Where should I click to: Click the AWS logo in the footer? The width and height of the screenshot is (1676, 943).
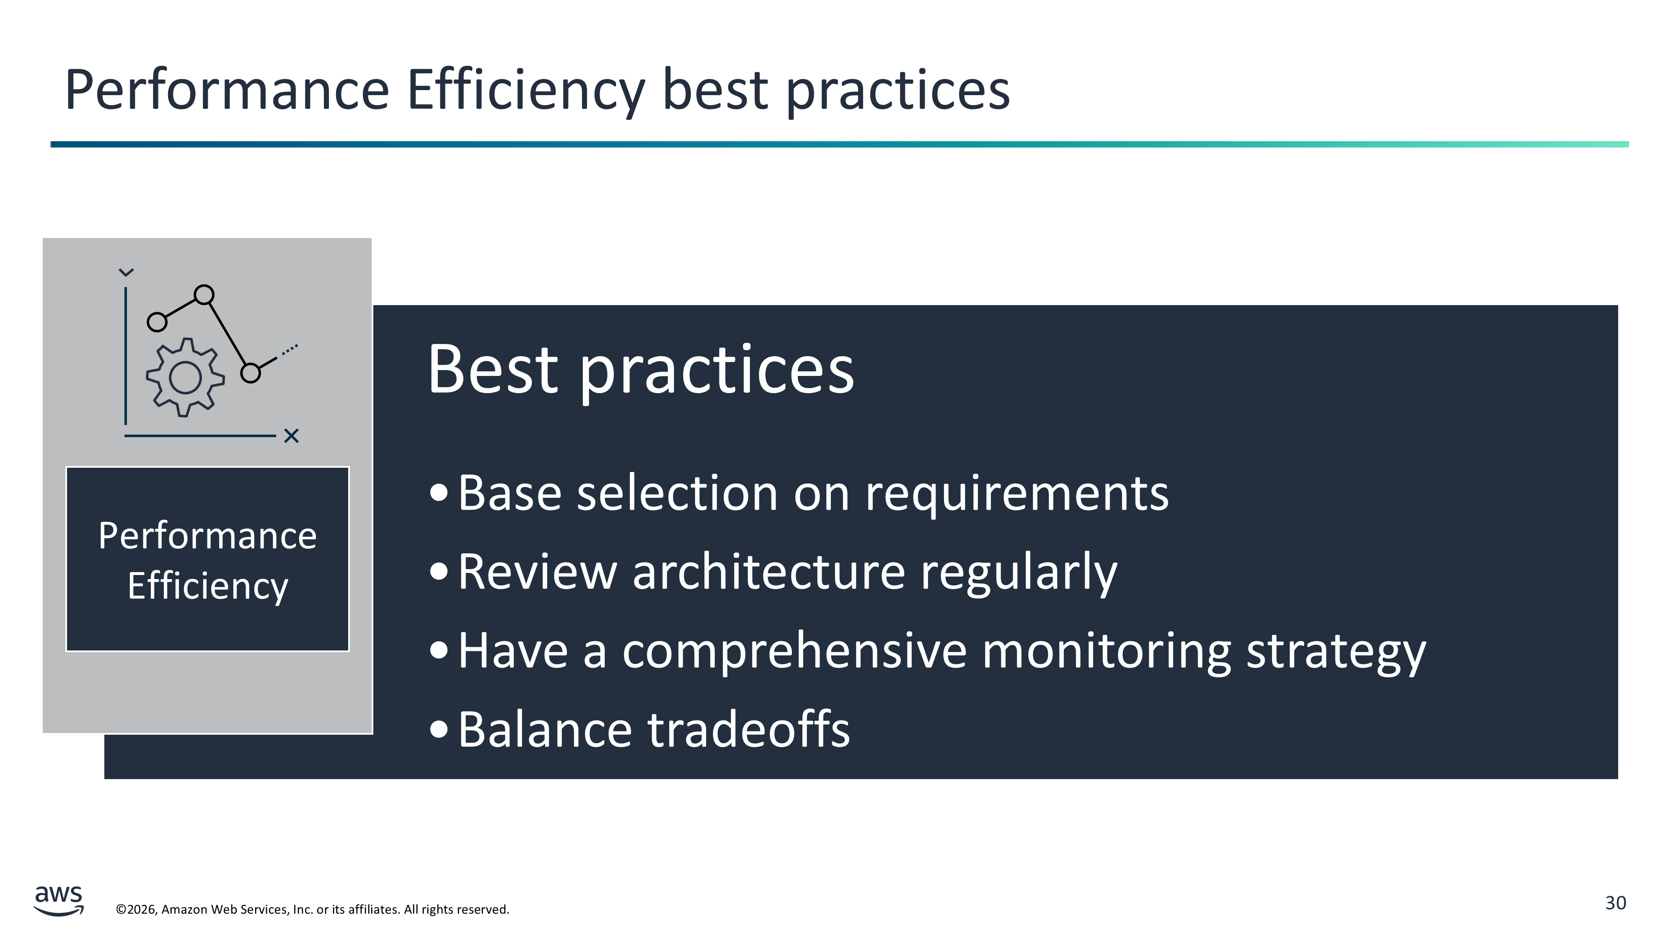click(59, 901)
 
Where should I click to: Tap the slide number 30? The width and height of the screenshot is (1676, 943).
click(1616, 903)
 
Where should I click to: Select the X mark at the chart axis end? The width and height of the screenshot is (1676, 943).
click(292, 436)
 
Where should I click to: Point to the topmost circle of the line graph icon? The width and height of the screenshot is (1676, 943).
click(204, 295)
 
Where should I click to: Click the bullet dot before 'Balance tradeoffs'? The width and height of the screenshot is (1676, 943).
click(439, 730)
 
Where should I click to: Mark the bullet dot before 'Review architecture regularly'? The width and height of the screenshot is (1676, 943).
click(439, 572)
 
